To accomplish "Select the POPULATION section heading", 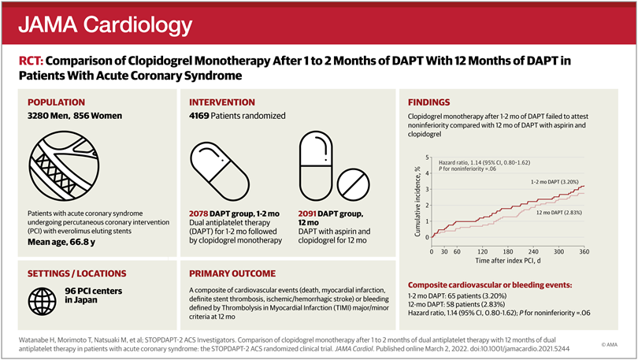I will point(61,102).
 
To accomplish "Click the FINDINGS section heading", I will point(428,102).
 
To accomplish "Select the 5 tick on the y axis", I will point(426,158).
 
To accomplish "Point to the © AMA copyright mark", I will point(611,344).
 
